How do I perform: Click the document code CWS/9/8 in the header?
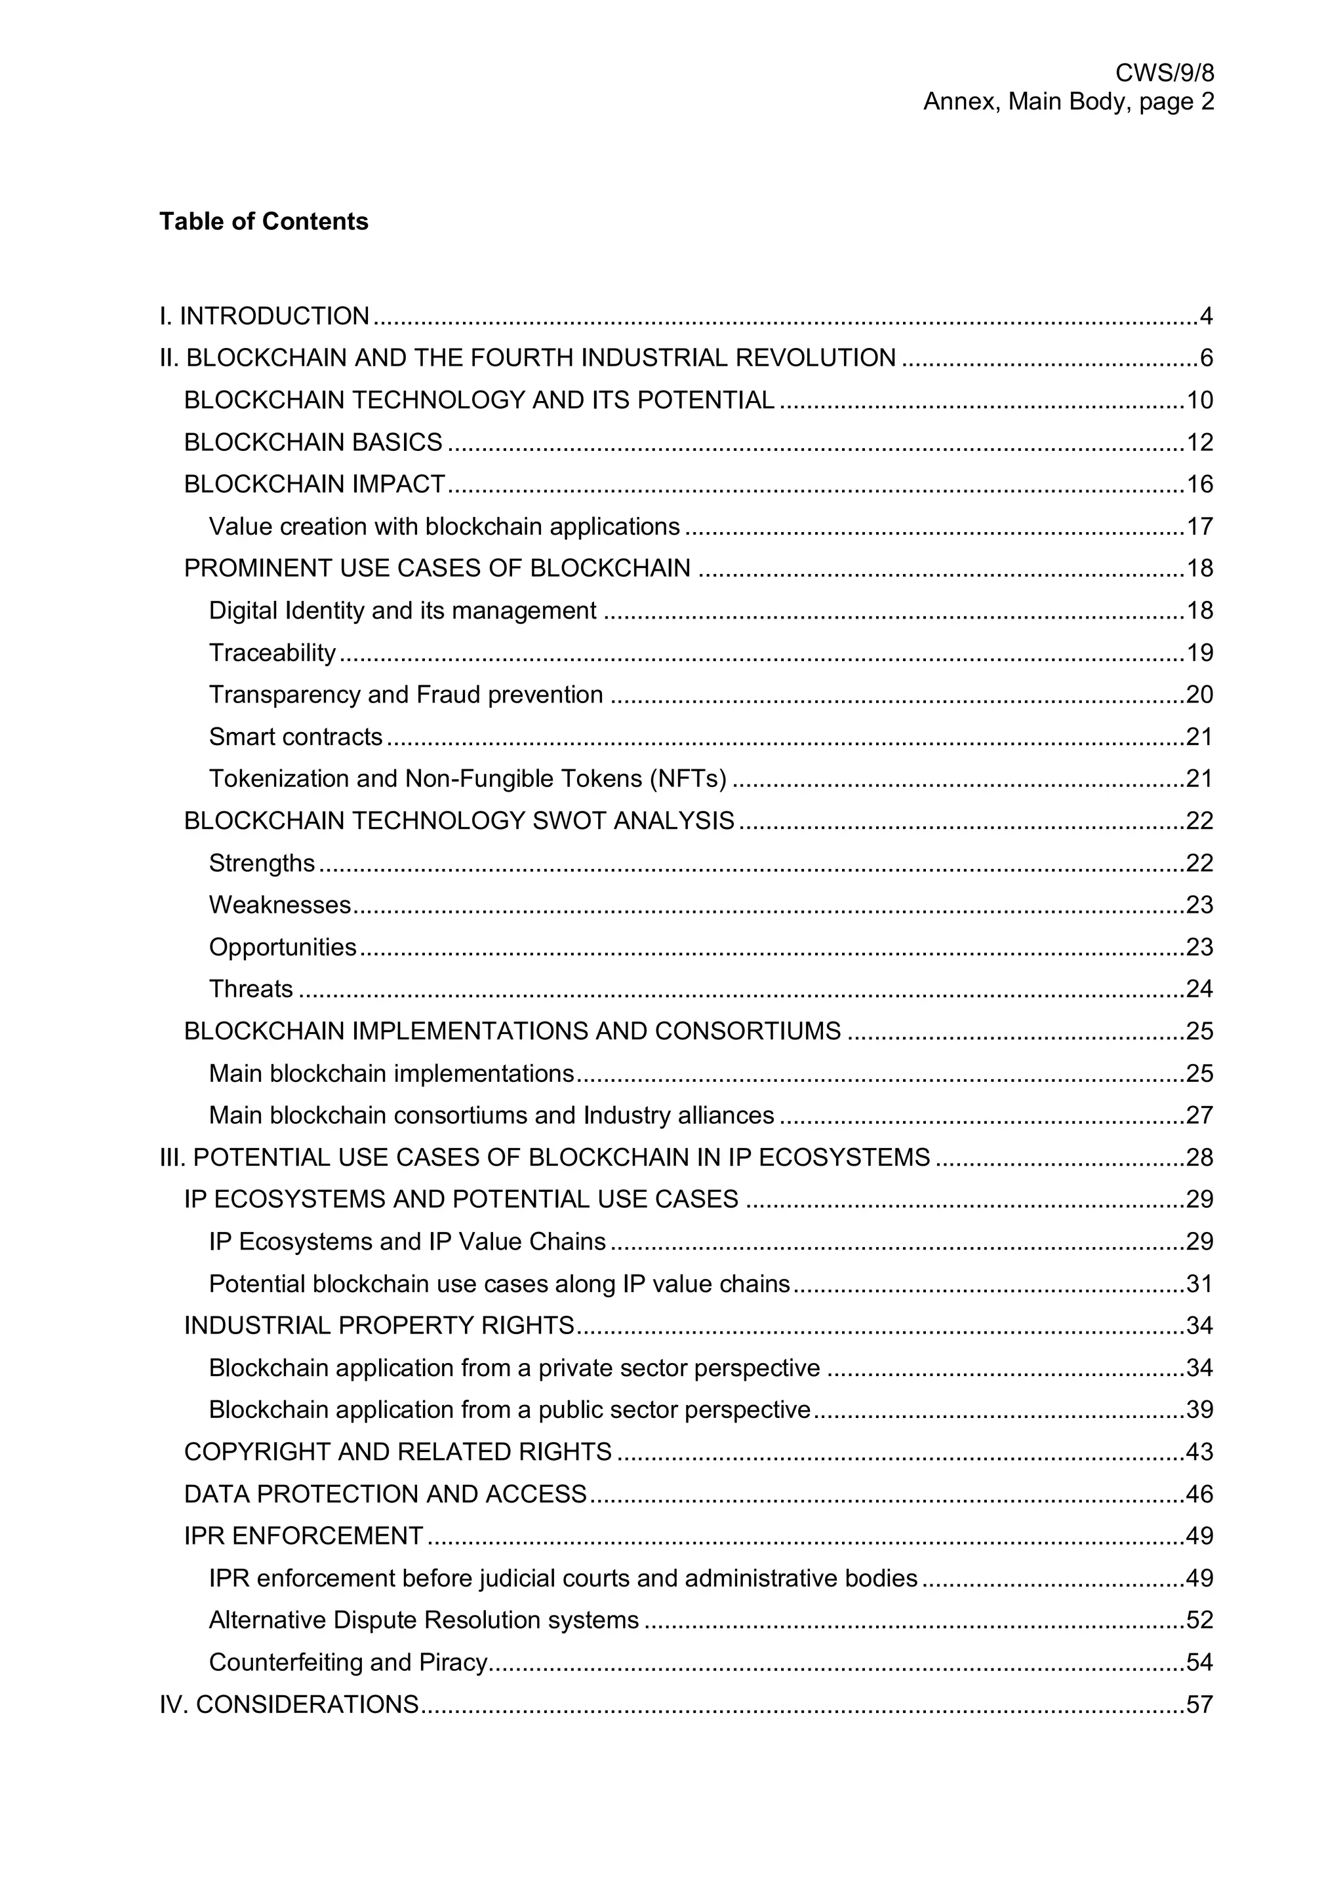(x=1164, y=73)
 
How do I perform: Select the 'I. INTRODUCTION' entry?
(x=264, y=316)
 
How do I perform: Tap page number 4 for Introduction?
(x=1206, y=316)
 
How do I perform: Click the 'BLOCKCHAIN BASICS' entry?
(x=313, y=442)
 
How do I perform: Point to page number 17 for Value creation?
(x=1199, y=527)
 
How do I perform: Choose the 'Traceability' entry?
(x=272, y=653)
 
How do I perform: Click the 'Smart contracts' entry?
(x=295, y=737)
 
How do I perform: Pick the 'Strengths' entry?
(x=262, y=864)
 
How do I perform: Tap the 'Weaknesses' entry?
(x=280, y=905)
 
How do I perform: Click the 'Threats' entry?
(x=251, y=989)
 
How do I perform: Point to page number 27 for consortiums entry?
(x=1199, y=1116)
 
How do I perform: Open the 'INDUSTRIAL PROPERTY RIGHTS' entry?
(x=379, y=1326)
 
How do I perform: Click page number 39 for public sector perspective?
(x=1199, y=1410)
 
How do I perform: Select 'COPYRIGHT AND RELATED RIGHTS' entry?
(x=398, y=1452)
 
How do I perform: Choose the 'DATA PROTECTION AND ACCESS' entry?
(x=385, y=1495)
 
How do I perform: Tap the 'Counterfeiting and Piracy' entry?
(x=348, y=1662)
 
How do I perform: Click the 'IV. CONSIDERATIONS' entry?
(x=289, y=1704)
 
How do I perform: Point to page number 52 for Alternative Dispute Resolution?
(x=1199, y=1621)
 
